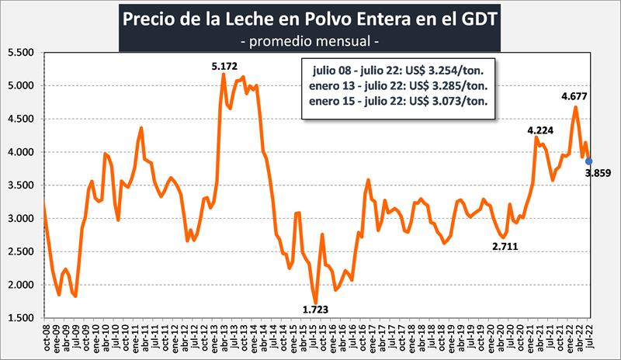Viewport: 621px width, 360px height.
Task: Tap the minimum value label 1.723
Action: pos(316,310)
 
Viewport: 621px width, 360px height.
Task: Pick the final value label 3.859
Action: pos(599,173)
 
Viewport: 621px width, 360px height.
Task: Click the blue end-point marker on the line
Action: pos(588,161)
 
